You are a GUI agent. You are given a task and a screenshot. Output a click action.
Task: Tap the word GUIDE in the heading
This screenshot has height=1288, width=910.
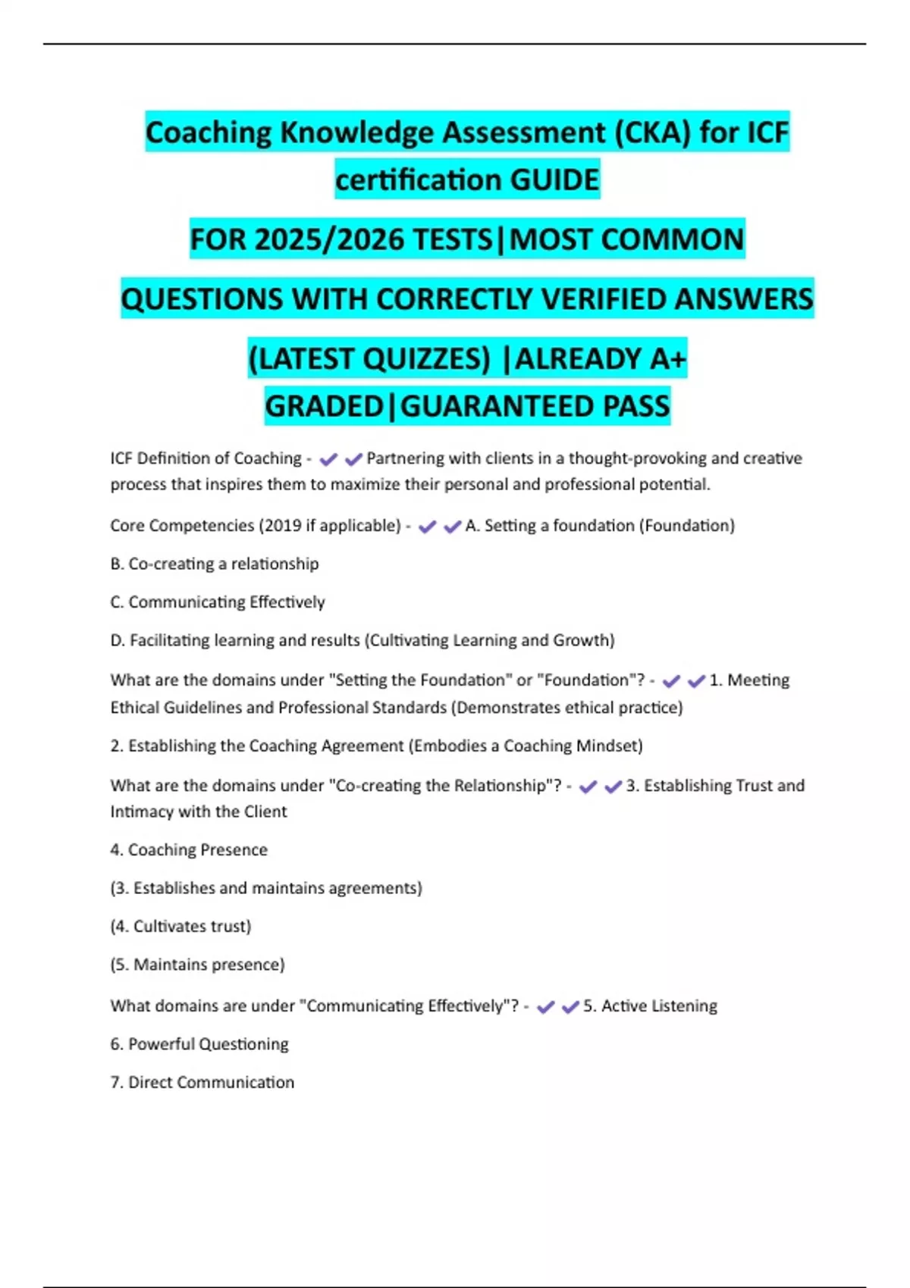pos(554,180)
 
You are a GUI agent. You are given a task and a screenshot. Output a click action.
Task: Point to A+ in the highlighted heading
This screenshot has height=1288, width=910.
pos(668,358)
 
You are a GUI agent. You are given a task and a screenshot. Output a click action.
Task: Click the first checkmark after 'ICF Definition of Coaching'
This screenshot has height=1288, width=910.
pos(328,459)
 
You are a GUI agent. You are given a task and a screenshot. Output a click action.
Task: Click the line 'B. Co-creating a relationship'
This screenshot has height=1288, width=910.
pos(215,564)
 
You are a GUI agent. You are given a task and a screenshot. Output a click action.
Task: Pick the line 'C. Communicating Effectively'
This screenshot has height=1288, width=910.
pos(218,602)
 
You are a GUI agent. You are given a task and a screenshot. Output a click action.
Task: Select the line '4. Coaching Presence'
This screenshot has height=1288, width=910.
pos(189,850)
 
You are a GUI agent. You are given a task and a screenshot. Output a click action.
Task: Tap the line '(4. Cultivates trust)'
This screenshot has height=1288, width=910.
pos(180,926)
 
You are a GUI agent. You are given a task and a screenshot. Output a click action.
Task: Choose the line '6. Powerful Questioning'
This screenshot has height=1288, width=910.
pos(199,1044)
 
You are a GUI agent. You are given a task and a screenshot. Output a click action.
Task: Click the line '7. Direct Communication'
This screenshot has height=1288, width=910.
pos(202,1082)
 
